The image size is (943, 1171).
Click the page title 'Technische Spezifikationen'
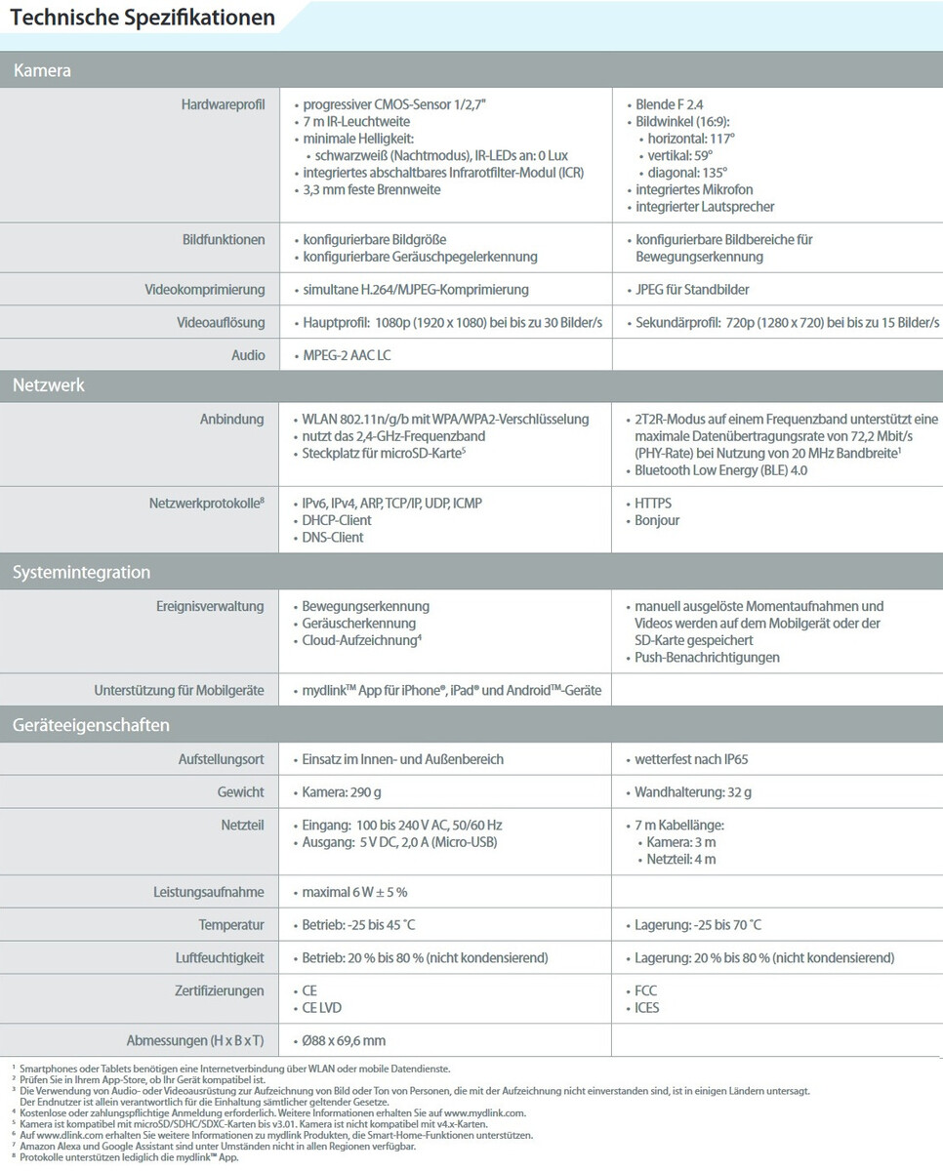(143, 18)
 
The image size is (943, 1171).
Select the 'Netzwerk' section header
(49, 385)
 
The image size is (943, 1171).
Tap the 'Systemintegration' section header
(81, 573)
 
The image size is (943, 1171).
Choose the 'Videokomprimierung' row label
(204, 290)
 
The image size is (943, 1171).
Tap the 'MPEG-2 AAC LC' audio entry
(348, 356)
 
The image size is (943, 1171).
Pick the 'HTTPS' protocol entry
(653, 504)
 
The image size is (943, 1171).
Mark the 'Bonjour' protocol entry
(657, 520)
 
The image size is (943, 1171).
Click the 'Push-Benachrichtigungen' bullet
(707, 658)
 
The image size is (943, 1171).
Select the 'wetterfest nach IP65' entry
(691, 759)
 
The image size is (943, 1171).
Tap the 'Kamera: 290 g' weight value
(345, 792)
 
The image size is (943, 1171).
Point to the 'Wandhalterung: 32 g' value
(693, 792)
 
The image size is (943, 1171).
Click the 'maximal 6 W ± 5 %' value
(354, 892)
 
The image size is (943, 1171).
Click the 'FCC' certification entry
(646, 991)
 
